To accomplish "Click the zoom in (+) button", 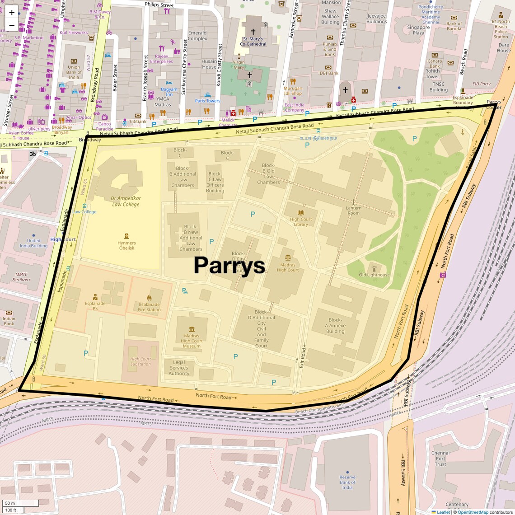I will coord(12,12).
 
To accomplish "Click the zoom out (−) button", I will coord(12,25).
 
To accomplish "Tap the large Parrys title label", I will coord(229,265).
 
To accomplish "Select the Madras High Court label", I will coord(288,267).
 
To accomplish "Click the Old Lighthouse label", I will coord(374,275).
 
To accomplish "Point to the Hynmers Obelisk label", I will coord(126,245).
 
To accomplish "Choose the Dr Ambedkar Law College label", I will coord(126,201).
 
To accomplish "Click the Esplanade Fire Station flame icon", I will coord(149,298).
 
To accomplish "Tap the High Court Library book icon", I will coord(301,213).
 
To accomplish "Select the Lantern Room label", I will coord(354,211).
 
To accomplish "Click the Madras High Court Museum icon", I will coord(192,329).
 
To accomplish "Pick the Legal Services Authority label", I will coord(179,368).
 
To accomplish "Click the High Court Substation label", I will coord(140,361).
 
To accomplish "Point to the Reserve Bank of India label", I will coord(347,482).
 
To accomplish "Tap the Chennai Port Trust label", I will coord(440,459).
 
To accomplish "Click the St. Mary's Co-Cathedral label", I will coord(253,42).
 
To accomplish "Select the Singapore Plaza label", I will coord(418,30).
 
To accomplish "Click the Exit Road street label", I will coord(302,358).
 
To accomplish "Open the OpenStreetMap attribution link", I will coord(473,512).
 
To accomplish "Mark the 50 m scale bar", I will coord(20,503).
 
